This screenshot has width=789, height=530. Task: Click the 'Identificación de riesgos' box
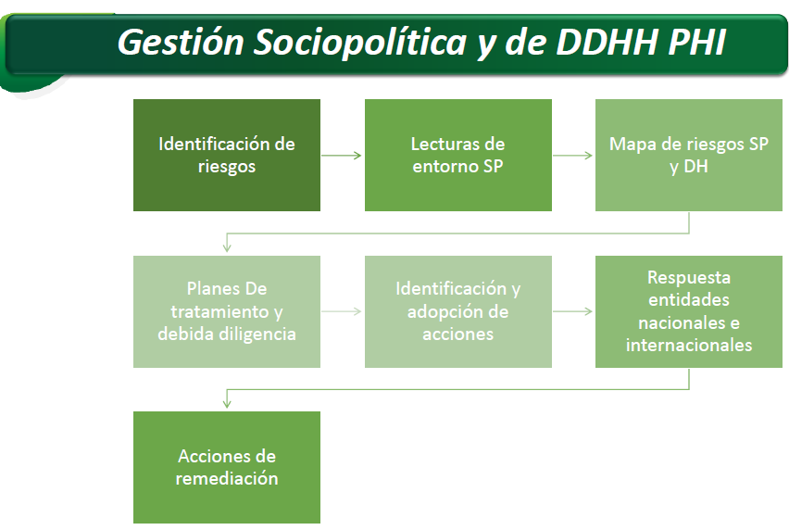(227, 155)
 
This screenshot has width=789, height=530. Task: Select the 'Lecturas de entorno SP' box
(457, 155)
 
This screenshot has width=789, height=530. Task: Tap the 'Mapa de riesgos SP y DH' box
(689, 155)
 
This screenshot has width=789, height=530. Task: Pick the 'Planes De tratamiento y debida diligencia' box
(227, 311)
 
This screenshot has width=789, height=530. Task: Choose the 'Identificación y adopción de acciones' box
(457, 311)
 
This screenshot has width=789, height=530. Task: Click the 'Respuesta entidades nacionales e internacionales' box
(689, 311)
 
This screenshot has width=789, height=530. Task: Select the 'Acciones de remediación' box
(227, 468)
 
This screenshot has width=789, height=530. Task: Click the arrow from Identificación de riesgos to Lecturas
(342, 156)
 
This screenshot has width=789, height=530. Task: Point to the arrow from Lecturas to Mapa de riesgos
(572, 156)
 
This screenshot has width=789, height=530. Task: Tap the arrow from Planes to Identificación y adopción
(342, 311)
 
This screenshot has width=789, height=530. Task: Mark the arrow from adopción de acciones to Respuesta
(572, 311)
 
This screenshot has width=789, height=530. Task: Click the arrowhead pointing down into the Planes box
(227, 247)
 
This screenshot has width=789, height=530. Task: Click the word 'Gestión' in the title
(181, 43)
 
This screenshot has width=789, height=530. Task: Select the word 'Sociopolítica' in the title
(361, 43)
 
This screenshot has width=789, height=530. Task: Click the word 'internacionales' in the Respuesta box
(689, 346)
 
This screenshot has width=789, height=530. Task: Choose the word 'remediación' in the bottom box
(227, 478)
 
